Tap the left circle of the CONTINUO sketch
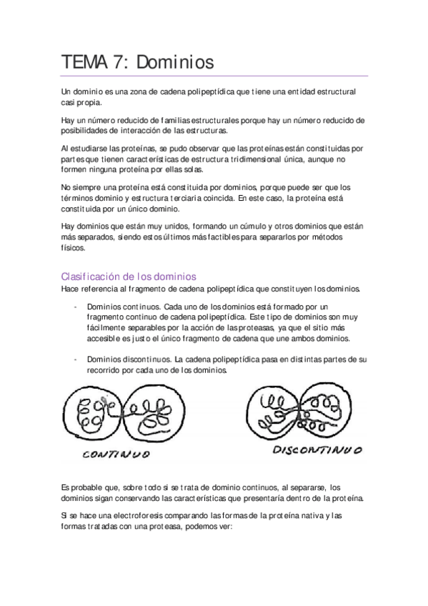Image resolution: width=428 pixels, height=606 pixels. pyautogui.click(x=92, y=414)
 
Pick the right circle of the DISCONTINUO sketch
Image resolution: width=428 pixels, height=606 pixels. pyautogui.click(x=330, y=412)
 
